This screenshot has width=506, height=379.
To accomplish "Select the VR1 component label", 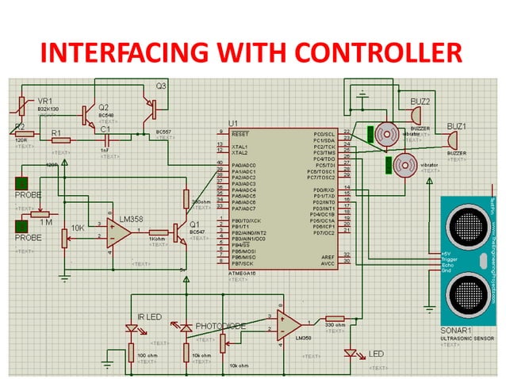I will (45, 102).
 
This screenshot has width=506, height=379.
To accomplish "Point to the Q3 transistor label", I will (161, 85).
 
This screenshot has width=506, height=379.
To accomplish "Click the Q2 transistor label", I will (103, 107).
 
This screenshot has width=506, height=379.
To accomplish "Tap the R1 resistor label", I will (56, 132).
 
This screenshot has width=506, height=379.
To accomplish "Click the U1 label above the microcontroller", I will (232, 124).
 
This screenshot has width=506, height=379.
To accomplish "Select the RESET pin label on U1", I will (241, 134).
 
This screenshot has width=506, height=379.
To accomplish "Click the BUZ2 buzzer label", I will (420, 101).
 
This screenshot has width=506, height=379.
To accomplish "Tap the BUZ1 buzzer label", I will (456, 126).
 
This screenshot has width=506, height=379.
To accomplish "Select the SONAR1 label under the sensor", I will (455, 331).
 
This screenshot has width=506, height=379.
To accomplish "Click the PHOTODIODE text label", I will (222, 325).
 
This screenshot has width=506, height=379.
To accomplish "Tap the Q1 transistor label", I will (194, 224).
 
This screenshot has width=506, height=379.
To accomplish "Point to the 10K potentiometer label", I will (78, 228).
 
